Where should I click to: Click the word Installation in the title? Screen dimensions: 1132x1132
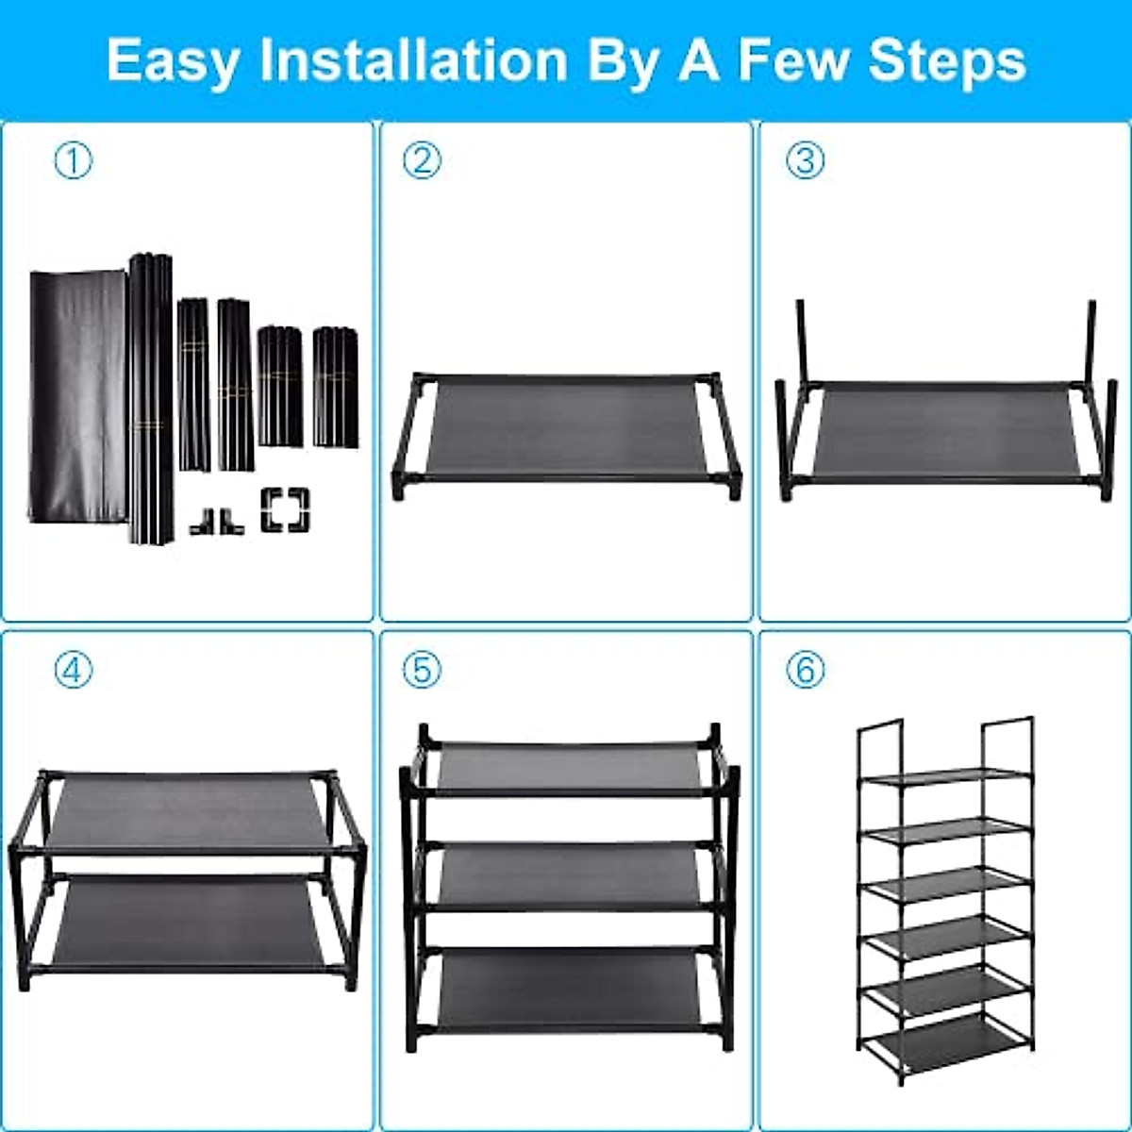point(413,60)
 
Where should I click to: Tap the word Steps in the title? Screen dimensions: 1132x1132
point(946,60)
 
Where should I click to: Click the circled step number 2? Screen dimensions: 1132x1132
point(422,161)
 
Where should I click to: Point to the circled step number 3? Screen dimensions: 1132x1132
point(805,161)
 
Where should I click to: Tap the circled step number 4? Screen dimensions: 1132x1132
point(74,671)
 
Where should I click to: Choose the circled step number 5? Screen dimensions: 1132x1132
point(422,671)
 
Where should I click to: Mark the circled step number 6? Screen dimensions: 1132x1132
point(805,671)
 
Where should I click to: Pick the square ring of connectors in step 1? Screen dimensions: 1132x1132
point(285,509)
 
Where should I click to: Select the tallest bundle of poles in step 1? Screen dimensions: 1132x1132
point(151,396)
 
